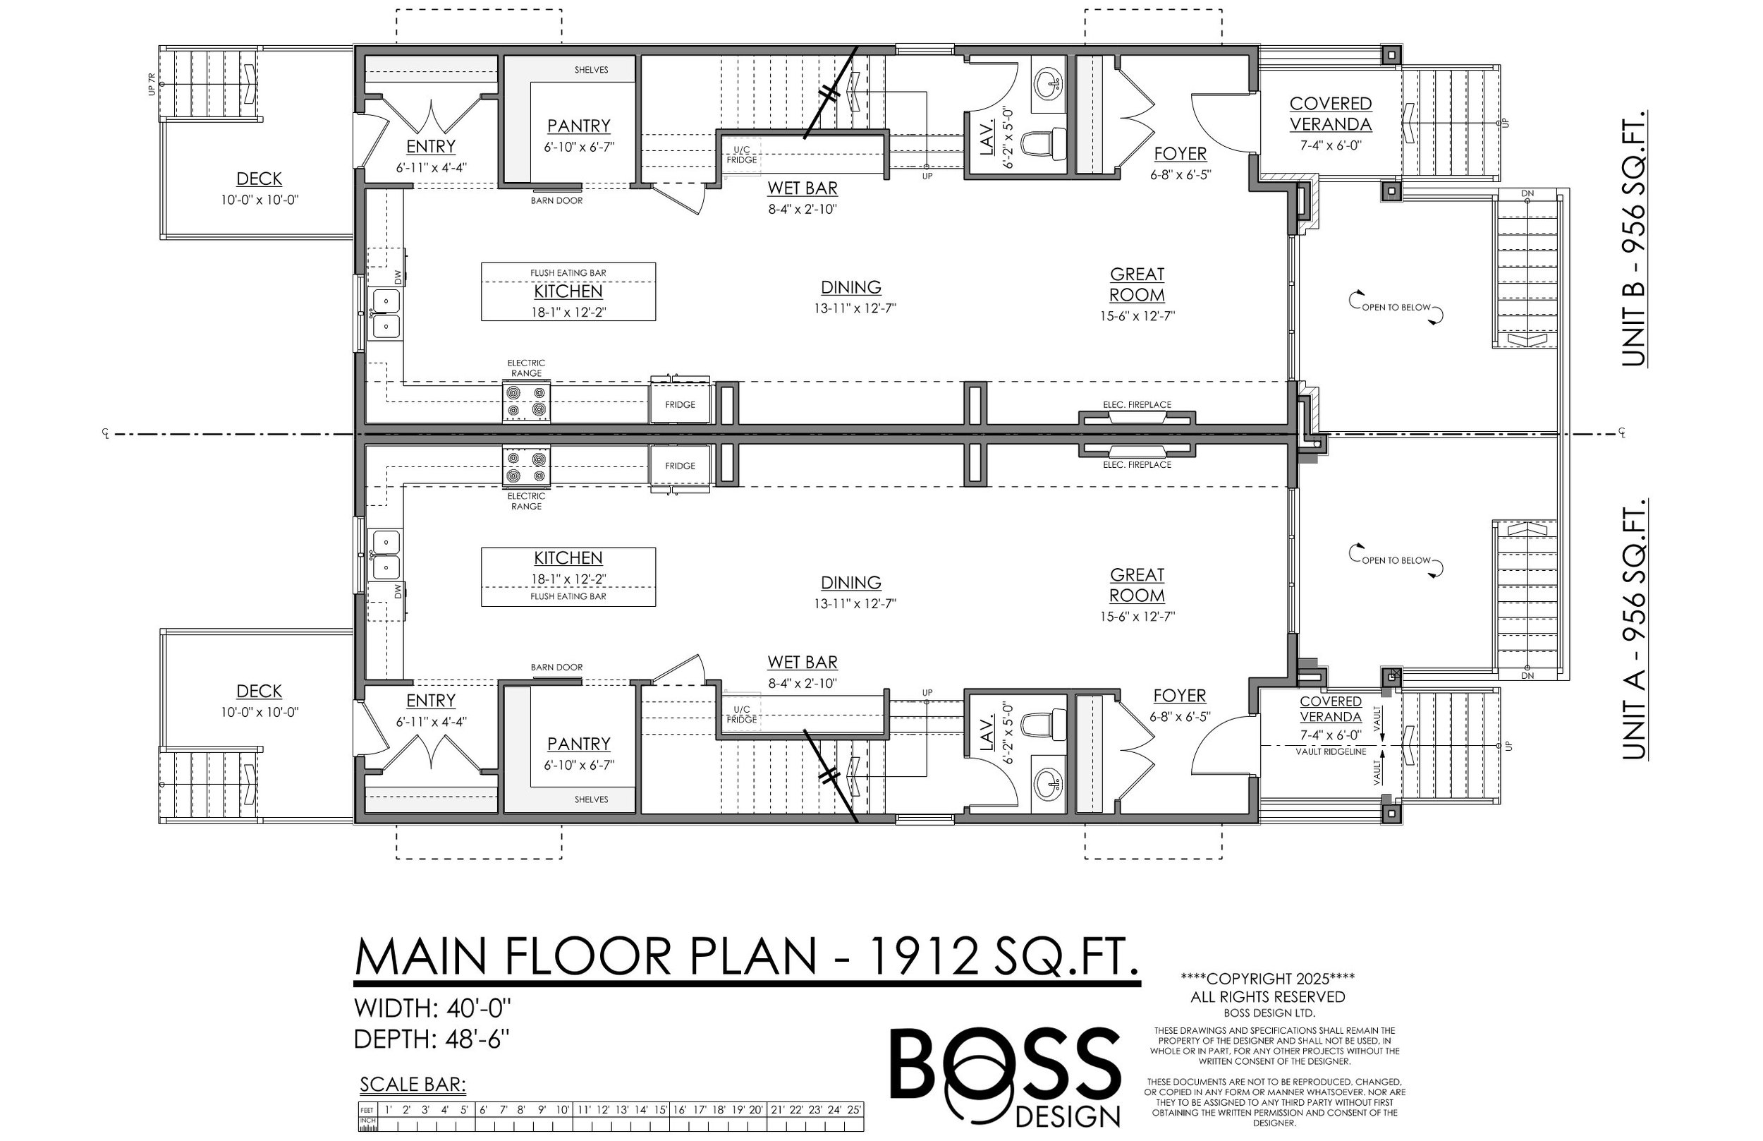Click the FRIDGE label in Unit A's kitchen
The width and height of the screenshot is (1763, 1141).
(x=679, y=466)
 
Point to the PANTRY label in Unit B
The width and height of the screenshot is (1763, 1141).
(x=578, y=126)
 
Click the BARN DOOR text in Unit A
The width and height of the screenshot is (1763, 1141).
(x=556, y=667)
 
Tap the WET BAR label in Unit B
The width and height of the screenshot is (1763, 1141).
(x=802, y=188)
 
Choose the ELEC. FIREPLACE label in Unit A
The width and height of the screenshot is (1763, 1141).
(x=1137, y=464)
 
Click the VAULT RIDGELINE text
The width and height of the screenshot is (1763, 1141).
(x=1330, y=751)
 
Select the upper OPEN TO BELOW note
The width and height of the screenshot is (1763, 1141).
(x=1396, y=307)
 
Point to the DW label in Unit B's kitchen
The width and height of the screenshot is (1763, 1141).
(x=398, y=277)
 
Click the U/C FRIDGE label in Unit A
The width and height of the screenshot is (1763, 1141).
(x=741, y=715)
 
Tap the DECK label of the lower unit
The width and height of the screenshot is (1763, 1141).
(x=258, y=692)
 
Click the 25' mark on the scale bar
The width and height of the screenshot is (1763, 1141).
(x=854, y=1110)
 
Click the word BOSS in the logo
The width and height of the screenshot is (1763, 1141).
(x=1005, y=1065)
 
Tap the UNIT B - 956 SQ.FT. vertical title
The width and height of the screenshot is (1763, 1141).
(x=1633, y=239)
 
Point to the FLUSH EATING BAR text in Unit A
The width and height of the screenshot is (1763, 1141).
(x=568, y=596)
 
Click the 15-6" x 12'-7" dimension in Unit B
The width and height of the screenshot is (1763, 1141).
(x=1137, y=315)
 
